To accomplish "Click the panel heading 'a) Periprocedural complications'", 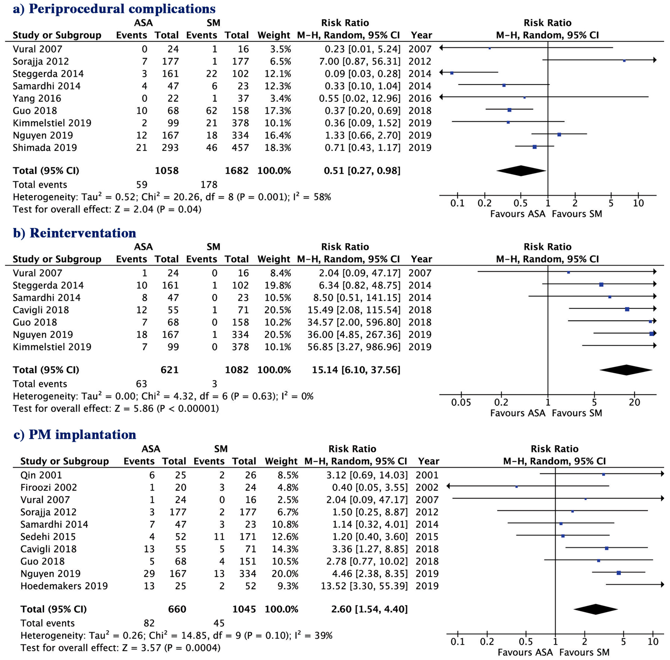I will coord(114,9).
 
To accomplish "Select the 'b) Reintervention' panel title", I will coord(75,233).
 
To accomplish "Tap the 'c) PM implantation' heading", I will coord(75,435).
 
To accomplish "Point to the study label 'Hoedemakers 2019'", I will coord(64,586).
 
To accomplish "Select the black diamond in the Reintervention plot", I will coord(626,370).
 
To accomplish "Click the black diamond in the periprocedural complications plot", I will coord(521,171).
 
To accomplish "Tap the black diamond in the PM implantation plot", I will coord(595,609).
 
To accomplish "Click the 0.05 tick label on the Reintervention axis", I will coord(461,402).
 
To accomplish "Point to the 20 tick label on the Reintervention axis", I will coord(634,402).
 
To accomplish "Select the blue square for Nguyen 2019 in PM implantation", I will coord(619,573).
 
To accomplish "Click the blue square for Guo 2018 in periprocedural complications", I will coord(509,110).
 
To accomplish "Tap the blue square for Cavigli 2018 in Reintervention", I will coord(627,309).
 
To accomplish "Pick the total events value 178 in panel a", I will coord(209,185).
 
